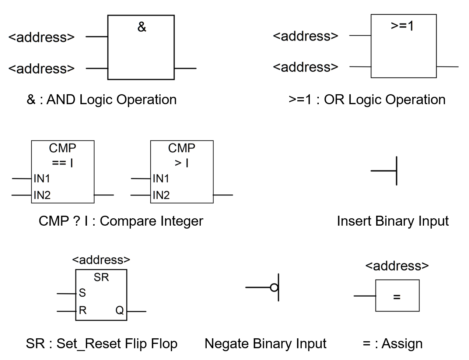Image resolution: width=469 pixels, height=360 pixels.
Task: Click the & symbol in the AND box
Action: pyautogui.click(x=142, y=27)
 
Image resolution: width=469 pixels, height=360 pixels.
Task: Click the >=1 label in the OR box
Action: pyautogui.click(x=402, y=26)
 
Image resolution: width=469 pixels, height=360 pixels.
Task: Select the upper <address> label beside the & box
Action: pyautogui.click(x=41, y=37)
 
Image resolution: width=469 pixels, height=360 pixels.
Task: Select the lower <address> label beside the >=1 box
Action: pyautogui.click(x=305, y=67)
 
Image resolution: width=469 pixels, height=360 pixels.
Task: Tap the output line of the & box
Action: pyautogui.click(x=185, y=68)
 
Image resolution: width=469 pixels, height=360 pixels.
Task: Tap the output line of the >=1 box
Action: pyautogui.click(x=447, y=67)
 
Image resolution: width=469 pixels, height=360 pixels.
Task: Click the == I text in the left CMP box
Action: pyautogui.click(x=62, y=163)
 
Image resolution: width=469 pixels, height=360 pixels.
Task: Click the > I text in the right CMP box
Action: pyautogui.click(x=182, y=163)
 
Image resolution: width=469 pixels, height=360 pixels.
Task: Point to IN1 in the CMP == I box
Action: pyautogui.click(x=42, y=179)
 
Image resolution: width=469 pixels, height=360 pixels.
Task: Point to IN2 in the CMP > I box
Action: pyautogui.click(x=161, y=195)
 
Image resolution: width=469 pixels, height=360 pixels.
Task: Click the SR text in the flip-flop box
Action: pyautogui.click(x=101, y=277)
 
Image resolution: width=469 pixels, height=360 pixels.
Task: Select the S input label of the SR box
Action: pyautogui.click(x=82, y=293)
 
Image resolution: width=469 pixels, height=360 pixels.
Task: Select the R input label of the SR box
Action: pyautogui.click(x=83, y=311)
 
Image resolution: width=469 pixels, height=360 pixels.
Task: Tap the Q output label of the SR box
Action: pyautogui.click(x=119, y=311)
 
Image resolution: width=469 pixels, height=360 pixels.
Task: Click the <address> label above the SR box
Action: pyautogui.click(x=101, y=260)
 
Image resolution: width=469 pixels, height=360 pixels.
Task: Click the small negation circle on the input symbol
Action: pyautogui.click(x=274, y=287)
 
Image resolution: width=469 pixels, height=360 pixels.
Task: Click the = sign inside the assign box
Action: pyautogui.click(x=397, y=297)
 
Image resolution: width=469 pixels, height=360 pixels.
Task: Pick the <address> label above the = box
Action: pyautogui.click(x=397, y=266)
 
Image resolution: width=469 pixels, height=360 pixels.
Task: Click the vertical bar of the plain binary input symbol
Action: pyautogui.click(x=396, y=171)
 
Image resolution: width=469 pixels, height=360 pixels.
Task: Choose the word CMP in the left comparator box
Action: pyautogui.click(x=62, y=148)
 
